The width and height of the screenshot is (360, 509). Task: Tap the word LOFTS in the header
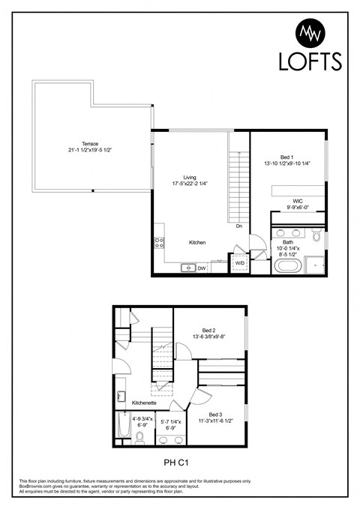pos(310,61)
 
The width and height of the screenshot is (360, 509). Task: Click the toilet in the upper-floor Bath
pos(317,238)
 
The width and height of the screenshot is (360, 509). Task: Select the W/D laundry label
pos(240,264)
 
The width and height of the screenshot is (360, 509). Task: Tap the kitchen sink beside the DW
pos(187,268)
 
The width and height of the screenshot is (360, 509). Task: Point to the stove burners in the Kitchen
pos(159,241)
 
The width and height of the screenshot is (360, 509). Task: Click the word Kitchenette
pos(145,403)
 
